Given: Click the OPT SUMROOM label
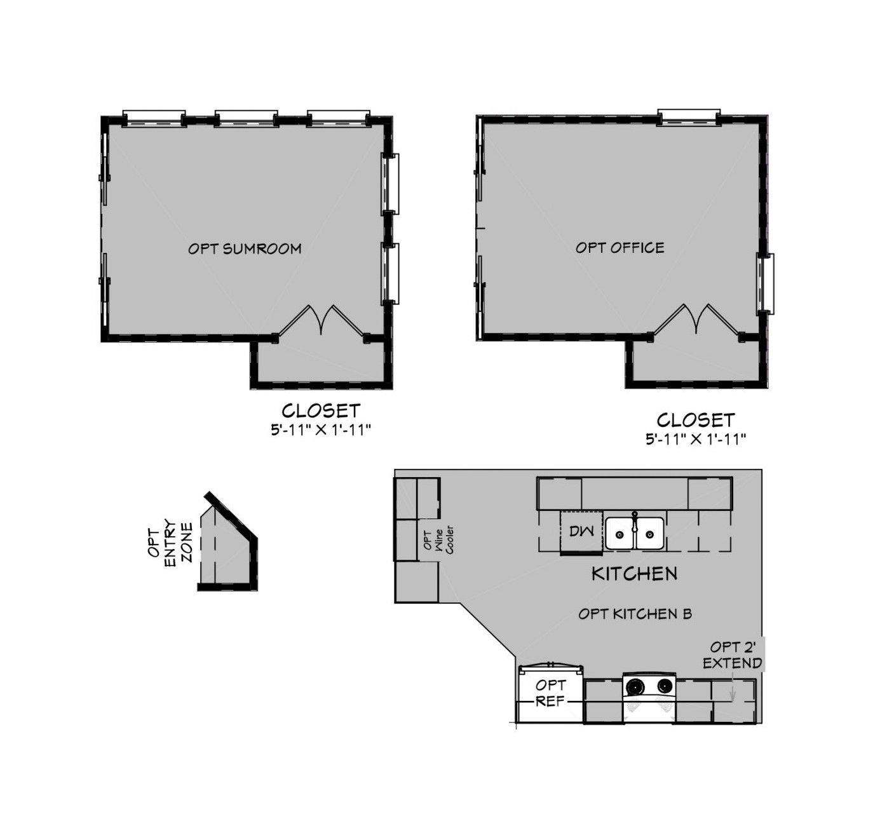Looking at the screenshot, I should [x=245, y=248].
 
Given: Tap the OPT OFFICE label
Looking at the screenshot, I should [x=620, y=248].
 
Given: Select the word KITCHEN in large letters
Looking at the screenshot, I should [x=634, y=574].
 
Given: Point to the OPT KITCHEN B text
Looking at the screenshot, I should [x=635, y=614].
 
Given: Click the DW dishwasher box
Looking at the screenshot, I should [x=581, y=532].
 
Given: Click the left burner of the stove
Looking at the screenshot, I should [x=635, y=686].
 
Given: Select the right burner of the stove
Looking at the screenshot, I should [x=665, y=686].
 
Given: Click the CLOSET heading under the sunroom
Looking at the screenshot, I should [x=321, y=410].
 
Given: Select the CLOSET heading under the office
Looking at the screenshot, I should [x=696, y=420].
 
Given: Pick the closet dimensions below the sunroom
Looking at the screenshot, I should [x=320, y=430].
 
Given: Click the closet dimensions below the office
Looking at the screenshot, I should [x=695, y=439].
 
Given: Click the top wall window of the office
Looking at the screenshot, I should [x=689, y=117].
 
